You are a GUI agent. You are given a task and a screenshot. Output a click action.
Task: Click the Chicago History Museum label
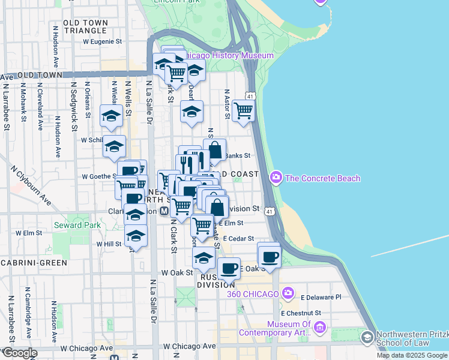coord(228,55)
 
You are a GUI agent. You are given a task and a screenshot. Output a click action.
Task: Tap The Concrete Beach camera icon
coord(276,178)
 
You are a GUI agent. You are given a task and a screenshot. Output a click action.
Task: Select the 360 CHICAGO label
coord(253,294)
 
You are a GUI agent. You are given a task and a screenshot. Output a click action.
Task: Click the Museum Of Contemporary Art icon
coord(319,328)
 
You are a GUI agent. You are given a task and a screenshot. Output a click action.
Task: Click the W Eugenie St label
coord(102,42)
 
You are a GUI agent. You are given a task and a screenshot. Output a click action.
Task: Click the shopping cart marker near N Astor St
coord(243,110)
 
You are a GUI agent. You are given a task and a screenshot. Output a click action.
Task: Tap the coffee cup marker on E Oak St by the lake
coord(270,256)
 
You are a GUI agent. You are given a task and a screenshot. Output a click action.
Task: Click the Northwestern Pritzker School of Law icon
coord(366,339)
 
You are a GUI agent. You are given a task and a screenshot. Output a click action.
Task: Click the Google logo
coord(19,353)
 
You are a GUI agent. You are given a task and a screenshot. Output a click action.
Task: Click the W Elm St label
coord(29,233)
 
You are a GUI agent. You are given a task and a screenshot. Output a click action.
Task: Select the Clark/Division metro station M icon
coord(164,211)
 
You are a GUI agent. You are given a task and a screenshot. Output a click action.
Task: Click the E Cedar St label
coord(239,238)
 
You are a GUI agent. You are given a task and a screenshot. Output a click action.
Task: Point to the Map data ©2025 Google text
coord(411,355)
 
